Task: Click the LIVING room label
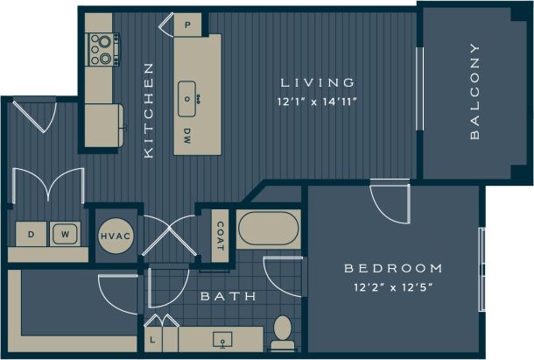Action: pos(318,82)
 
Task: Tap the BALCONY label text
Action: pos(474,91)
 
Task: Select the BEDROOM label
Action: pos(393,268)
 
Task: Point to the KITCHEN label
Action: pos(149,109)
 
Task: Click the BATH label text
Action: pos(228,296)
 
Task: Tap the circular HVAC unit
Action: pos(115,236)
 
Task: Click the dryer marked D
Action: pos(32,234)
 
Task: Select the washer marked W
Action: pos(65,234)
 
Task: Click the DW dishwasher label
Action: pos(187,135)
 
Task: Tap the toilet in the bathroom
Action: pos(282,332)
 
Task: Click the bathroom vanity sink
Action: pos(222,338)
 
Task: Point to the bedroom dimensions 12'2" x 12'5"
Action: pos(393,286)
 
